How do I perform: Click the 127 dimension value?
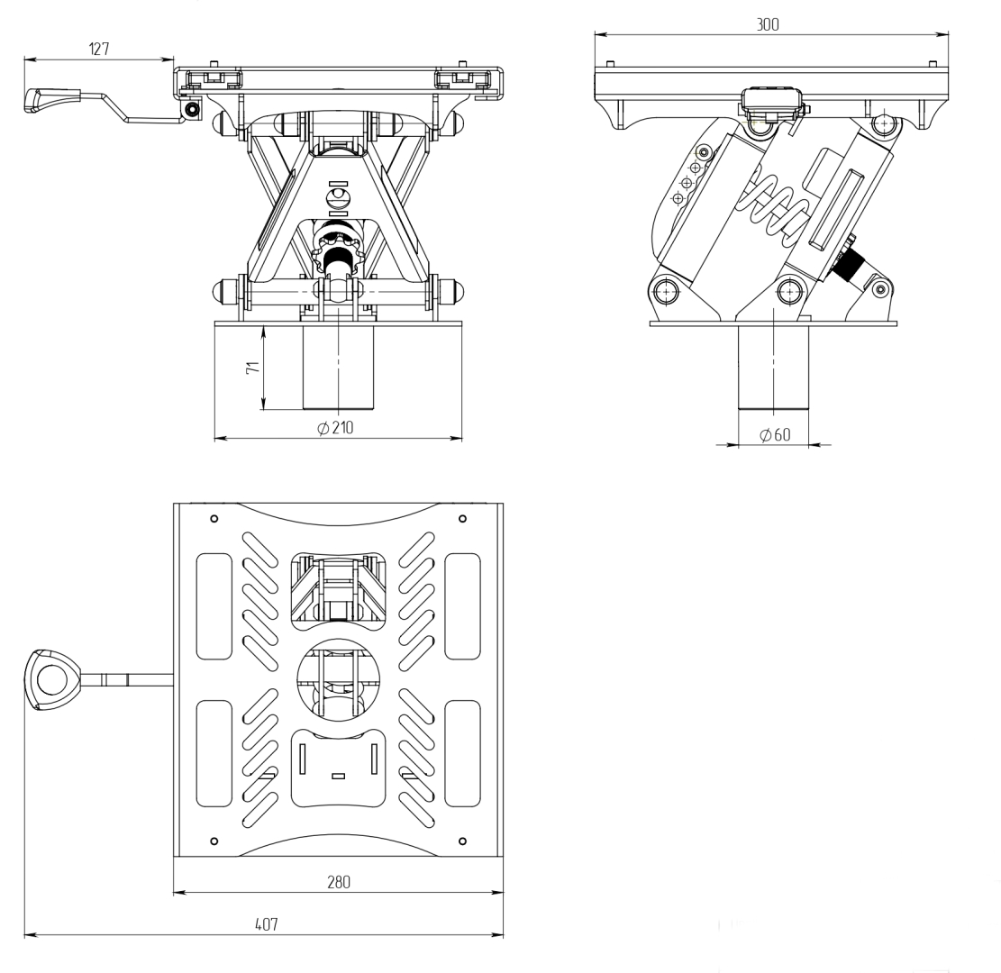[99, 50]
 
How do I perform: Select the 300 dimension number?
[768, 24]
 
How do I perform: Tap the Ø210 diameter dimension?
[336, 428]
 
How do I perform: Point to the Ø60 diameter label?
[775, 435]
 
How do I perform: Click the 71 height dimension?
[253, 368]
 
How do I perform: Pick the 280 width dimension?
[338, 882]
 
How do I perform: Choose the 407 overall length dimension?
[265, 924]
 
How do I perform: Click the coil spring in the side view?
[775, 207]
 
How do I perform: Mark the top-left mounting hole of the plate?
[214, 519]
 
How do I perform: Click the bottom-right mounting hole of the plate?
[462, 841]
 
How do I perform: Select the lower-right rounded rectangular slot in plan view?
[462, 753]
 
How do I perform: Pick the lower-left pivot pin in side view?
[667, 290]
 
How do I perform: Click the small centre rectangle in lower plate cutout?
[339, 776]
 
